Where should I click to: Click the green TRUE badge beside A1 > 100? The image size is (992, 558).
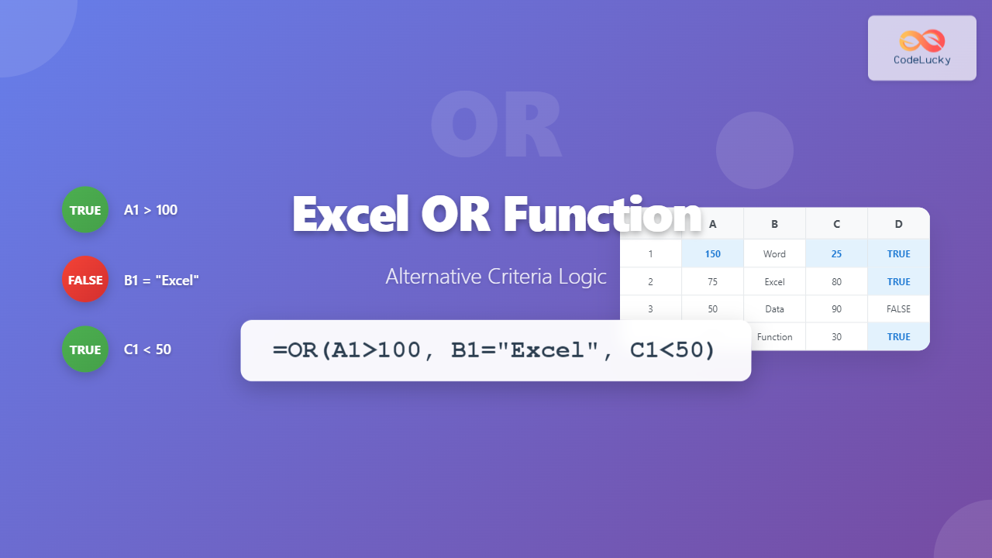point(85,210)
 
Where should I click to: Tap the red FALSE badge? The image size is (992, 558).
point(85,280)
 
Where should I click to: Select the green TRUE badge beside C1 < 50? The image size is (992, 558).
point(85,350)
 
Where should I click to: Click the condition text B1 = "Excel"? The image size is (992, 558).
point(161,281)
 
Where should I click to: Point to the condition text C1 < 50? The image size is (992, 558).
point(147,350)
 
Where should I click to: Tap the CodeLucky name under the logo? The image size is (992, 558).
point(921,60)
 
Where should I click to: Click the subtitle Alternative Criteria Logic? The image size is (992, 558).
point(496,277)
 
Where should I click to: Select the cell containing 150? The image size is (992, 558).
point(712,254)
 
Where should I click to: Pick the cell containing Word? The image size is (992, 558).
point(774,254)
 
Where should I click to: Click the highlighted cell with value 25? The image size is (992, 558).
point(836,254)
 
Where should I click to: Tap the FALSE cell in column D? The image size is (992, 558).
point(898,309)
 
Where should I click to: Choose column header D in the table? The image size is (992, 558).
point(898,225)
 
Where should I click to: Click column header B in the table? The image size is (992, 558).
point(774,225)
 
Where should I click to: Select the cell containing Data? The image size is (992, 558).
point(774,309)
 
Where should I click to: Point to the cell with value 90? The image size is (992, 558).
point(836,309)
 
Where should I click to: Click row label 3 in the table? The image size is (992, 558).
point(650,309)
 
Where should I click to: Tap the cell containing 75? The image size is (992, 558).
point(712,282)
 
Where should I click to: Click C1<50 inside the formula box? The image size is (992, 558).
point(672,350)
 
